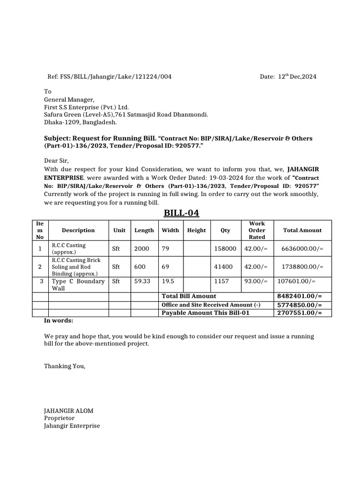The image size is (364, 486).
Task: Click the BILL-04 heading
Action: coord(182,213)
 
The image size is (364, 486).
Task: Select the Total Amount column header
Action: coord(302,230)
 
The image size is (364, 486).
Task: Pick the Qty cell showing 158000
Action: coord(225,248)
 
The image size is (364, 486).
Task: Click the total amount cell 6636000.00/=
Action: coord(302,248)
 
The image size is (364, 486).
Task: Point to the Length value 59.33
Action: coord(142,281)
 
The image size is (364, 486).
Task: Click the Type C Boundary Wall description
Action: coord(78,285)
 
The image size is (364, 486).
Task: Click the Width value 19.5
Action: coord(168,281)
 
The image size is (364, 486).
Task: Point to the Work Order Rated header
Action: coord(257,230)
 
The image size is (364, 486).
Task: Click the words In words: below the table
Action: coord(59,321)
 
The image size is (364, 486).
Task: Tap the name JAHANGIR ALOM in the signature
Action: coord(65,411)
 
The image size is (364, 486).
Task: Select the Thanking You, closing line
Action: coord(65,366)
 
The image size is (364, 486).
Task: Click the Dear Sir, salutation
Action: coord(56,161)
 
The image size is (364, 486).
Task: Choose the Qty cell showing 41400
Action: coord(223,267)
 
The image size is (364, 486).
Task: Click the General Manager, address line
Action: coord(69,100)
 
